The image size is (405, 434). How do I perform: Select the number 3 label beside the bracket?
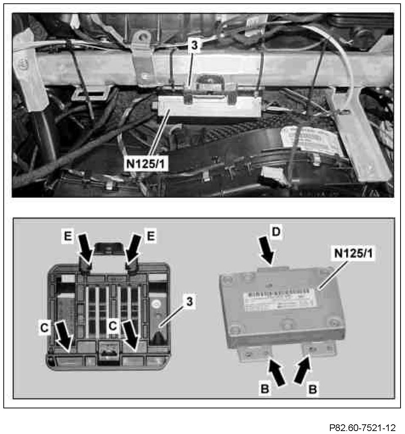click(x=189, y=302)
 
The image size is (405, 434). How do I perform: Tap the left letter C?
click(x=44, y=327)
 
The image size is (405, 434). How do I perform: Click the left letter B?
click(x=265, y=389)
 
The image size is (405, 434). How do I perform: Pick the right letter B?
click(x=313, y=389)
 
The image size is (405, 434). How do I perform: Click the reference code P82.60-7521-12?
click(x=362, y=428)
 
